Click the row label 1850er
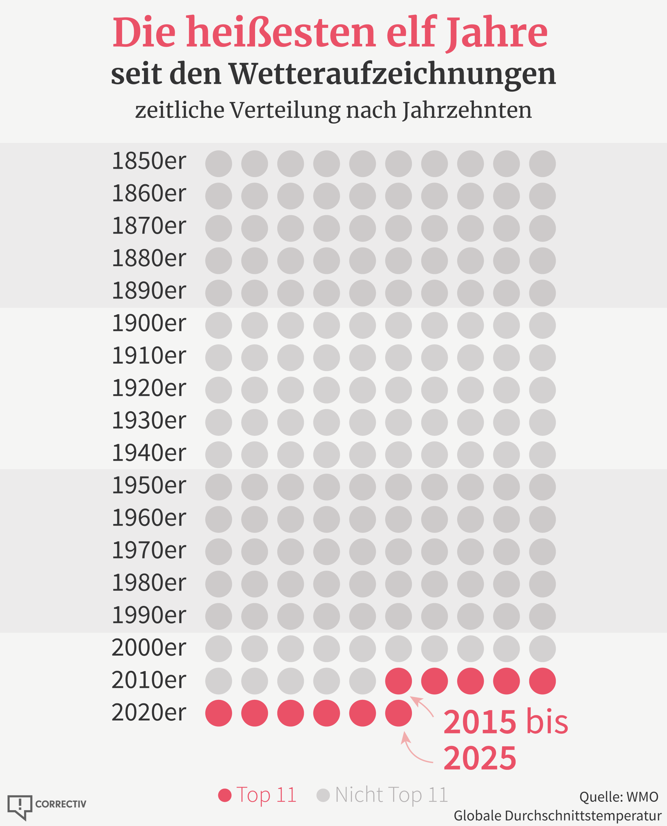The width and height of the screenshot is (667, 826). tap(149, 161)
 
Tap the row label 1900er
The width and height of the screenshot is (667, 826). tap(149, 323)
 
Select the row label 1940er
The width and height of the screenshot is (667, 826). tap(149, 452)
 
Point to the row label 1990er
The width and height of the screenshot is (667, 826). tap(149, 614)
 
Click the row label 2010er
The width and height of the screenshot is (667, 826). tap(149, 679)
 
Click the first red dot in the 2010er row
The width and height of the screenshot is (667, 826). tap(398, 681)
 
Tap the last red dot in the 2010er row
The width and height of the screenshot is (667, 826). tap(542, 681)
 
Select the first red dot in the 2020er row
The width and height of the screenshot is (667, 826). tap(219, 713)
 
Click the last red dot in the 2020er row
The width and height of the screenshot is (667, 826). tap(398, 713)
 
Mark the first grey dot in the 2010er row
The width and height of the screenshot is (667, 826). tap(219, 681)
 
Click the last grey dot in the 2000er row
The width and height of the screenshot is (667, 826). tap(542, 649)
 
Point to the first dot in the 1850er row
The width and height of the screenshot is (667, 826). tap(219, 164)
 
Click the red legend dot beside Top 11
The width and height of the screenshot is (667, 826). tap(225, 795)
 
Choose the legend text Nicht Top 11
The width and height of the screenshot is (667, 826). tap(391, 794)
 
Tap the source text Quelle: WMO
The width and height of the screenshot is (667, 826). tap(619, 797)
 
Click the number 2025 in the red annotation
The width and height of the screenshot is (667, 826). tap(479, 759)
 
